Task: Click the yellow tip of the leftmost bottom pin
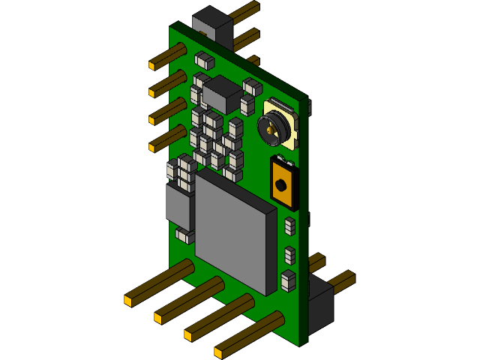128,301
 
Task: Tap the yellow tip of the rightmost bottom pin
218,352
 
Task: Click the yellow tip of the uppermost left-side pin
152,65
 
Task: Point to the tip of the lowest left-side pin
153,148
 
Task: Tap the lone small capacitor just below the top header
204,60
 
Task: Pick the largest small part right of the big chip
289,280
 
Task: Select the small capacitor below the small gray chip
184,235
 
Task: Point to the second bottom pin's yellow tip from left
158,318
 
